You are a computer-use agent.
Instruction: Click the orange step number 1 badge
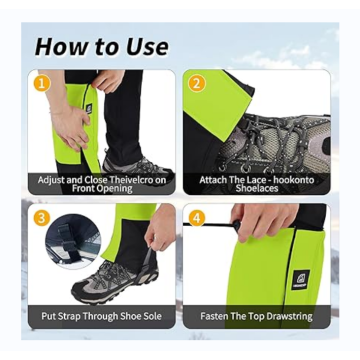pos(42,83)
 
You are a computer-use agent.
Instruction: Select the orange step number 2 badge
pos(197,83)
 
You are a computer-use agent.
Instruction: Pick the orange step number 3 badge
pos(42,217)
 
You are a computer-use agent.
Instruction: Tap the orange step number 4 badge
pos(197,217)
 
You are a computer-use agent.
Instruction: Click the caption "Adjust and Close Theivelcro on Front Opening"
pos(102,184)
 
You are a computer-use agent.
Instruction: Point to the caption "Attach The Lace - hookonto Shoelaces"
pos(256,184)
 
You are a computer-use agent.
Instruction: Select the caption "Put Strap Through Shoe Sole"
pos(102,315)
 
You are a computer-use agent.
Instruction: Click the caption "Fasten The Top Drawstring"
pos(256,315)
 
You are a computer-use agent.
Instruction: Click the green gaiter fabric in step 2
pos(205,130)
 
